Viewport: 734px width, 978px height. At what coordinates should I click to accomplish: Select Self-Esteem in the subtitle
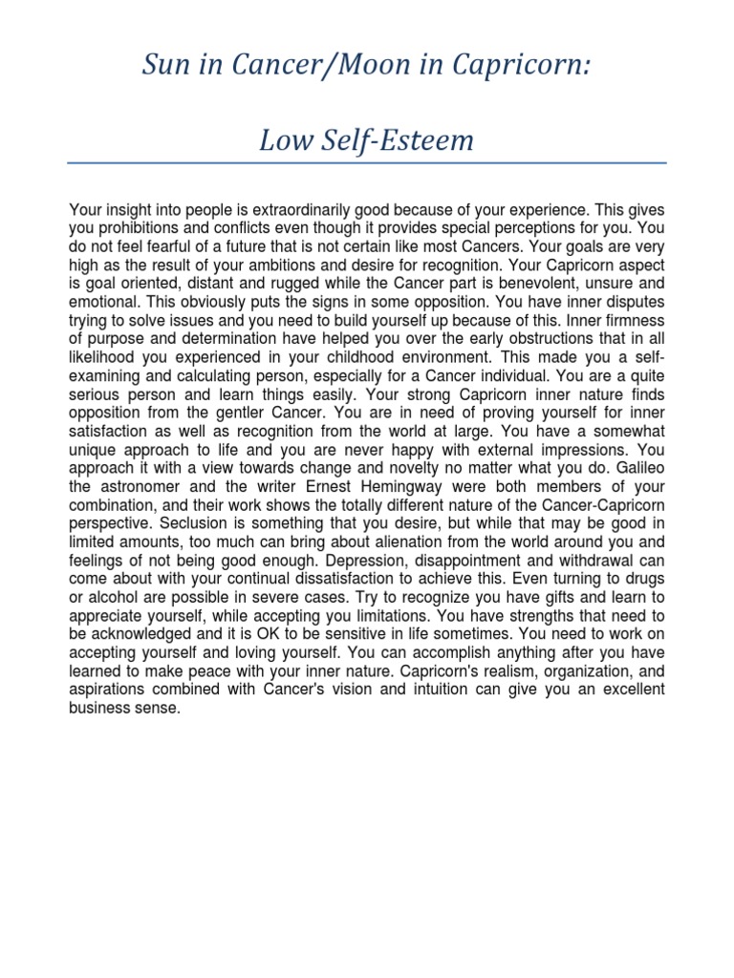(x=402, y=140)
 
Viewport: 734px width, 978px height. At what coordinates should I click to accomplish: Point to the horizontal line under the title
(x=367, y=163)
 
